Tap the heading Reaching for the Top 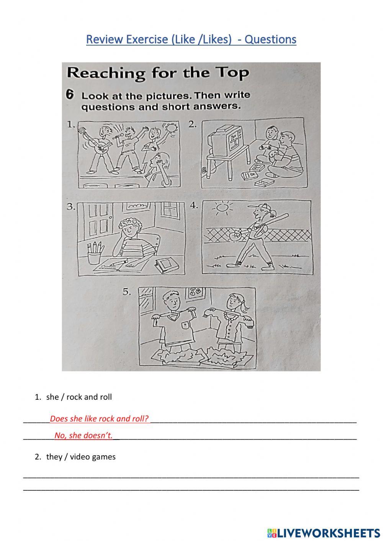click(157, 72)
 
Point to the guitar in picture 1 click(94, 142)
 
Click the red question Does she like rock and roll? click(99, 418)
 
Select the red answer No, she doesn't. click(83, 435)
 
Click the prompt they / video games click(80, 457)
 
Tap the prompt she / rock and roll click(79, 397)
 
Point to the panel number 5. click(127, 292)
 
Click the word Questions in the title click(270, 39)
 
